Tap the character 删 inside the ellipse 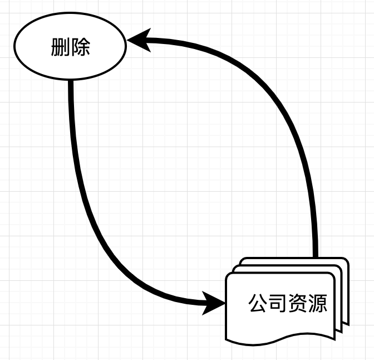pyautogui.click(x=60, y=48)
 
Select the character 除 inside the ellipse pyautogui.click(x=80, y=48)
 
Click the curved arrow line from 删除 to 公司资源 pyautogui.click(x=89, y=212)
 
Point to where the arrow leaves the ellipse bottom pyautogui.click(x=71, y=82)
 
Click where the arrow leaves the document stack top pyautogui.click(x=316, y=256)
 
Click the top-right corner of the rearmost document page pyautogui.click(x=347, y=259)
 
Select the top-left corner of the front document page pyautogui.click(x=227, y=274)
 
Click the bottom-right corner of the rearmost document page pyautogui.click(x=348, y=323)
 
